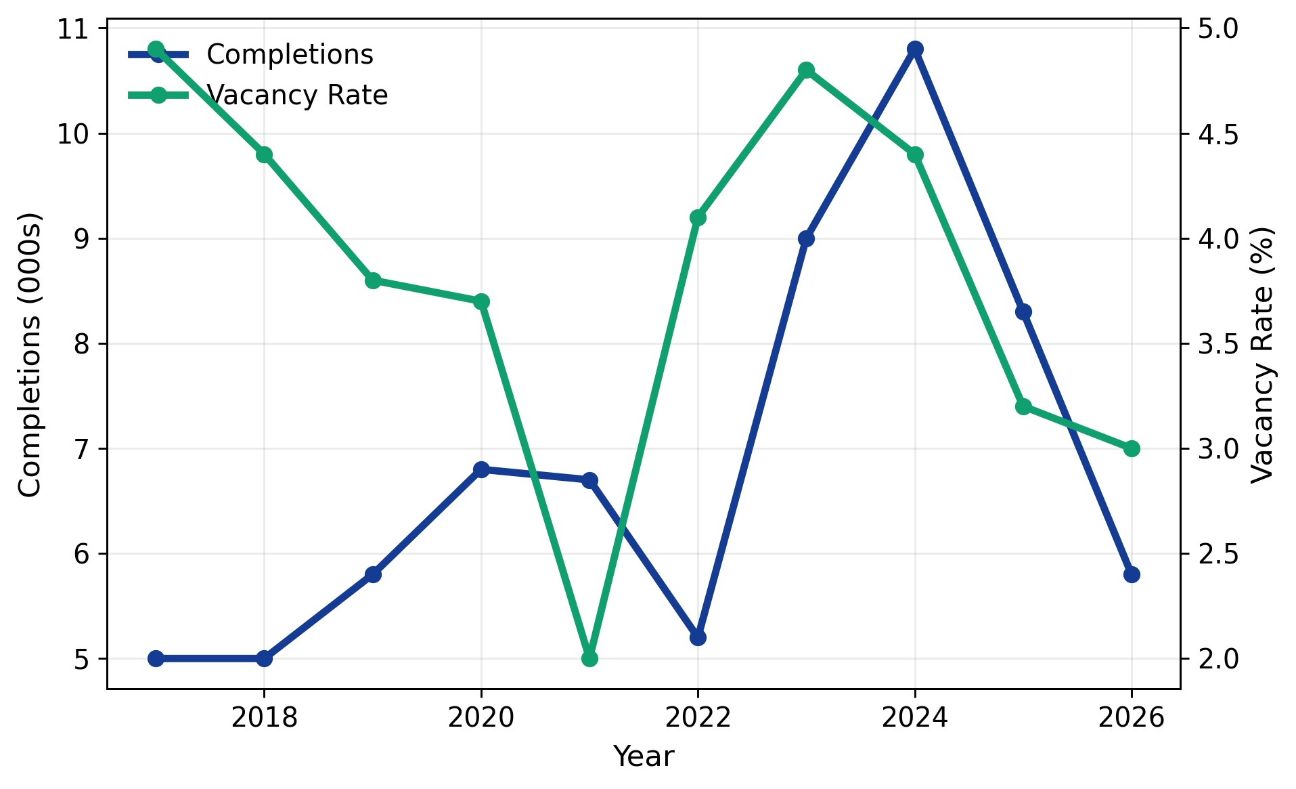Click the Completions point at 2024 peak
coord(915,49)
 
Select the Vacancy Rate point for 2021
coord(589,658)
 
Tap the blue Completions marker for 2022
coord(698,637)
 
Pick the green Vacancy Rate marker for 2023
coord(806,70)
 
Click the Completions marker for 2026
coord(1132,574)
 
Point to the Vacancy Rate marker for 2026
coord(1132,448)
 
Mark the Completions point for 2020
coord(481,469)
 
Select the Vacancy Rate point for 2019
coord(373,280)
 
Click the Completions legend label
coord(290,55)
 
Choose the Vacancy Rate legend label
coord(297,95)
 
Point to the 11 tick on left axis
coord(72,29)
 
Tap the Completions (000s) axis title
coord(30,354)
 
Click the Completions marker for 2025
coord(1023,312)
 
